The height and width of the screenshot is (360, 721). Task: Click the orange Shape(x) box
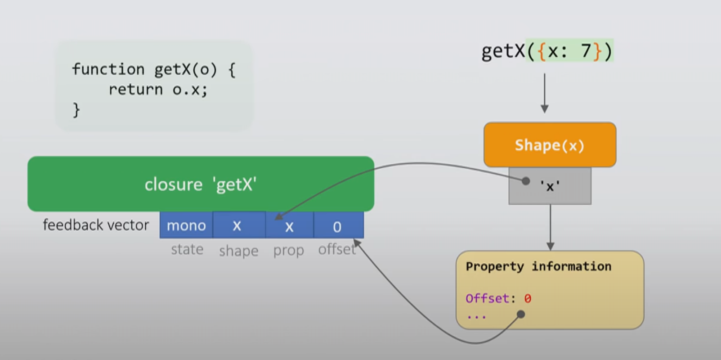point(550,145)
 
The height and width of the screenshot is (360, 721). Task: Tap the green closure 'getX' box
point(201,184)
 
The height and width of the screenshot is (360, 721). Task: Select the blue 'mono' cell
point(186,225)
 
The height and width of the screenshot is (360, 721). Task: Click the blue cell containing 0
point(337,226)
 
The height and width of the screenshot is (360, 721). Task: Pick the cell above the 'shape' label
point(238,225)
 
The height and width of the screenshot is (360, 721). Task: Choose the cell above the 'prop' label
point(289,226)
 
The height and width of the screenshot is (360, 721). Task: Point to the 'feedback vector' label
point(96,225)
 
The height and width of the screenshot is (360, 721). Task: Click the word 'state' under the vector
point(187,249)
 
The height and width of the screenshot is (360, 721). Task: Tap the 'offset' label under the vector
point(336,249)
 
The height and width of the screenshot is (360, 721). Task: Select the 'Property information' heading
point(538,266)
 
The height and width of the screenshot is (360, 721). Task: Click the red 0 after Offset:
point(528,298)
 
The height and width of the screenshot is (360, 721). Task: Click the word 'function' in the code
point(108,70)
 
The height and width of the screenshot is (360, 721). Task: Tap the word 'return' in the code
point(135,90)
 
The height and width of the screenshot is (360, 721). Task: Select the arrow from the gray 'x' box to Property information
point(550,227)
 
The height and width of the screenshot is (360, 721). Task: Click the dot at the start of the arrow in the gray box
point(526,181)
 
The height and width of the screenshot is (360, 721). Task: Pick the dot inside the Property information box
point(521,314)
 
